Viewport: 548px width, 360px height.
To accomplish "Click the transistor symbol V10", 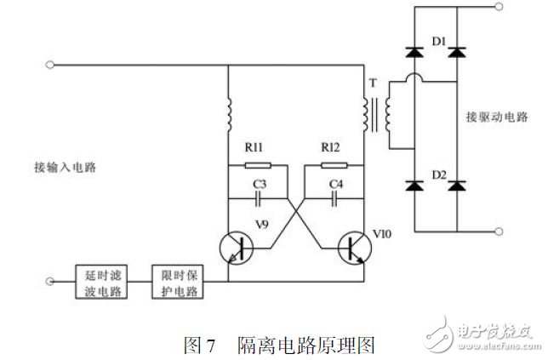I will point(354,247).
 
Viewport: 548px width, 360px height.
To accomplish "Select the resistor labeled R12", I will point(334,164).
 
